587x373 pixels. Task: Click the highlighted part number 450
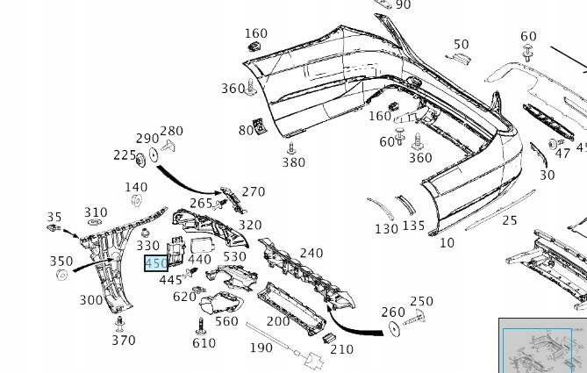click(x=155, y=263)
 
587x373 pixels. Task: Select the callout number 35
click(x=54, y=218)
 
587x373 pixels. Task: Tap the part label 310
click(x=96, y=212)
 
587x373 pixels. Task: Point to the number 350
click(x=61, y=262)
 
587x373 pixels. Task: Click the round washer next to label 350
click(x=62, y=276)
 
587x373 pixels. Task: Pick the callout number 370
click(x=124, y=341)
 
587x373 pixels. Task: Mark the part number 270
click(x=253, y=192)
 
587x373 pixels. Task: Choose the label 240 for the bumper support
click(x=311, y=254)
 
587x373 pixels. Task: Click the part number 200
click(x=278, y=321)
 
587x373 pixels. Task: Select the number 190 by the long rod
click(x=261, y=348)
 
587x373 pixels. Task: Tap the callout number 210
click(x=341, y=349)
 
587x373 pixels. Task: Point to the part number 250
click(x=422, y=302)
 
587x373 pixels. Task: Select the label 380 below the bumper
click(x=294, y=162)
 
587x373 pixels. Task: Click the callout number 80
click(x=245, y=131)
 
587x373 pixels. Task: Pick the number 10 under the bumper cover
click(x=447, y=242)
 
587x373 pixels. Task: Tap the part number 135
click(x=413, y=226)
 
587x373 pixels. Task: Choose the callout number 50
click(x=462, y=45)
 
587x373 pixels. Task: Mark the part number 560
click(x=226, y=321)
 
